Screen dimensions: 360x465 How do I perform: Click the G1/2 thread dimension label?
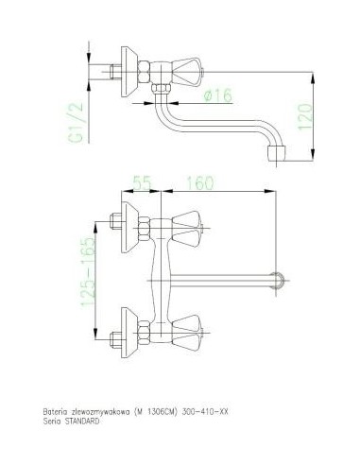[77, 122]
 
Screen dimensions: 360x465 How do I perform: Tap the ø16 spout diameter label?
[218, 95]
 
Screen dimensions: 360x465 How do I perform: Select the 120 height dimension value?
[305, 116]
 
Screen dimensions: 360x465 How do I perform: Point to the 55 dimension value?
[142, 182]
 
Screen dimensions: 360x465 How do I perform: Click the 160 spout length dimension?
[200, 182]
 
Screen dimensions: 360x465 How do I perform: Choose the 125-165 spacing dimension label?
[88, 272]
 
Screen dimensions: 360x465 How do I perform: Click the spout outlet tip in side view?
[277, 154]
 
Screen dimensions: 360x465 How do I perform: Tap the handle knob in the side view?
[187, 72]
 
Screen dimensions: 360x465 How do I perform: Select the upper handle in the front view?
[187, 229]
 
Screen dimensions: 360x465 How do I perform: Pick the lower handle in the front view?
[187, 333]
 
